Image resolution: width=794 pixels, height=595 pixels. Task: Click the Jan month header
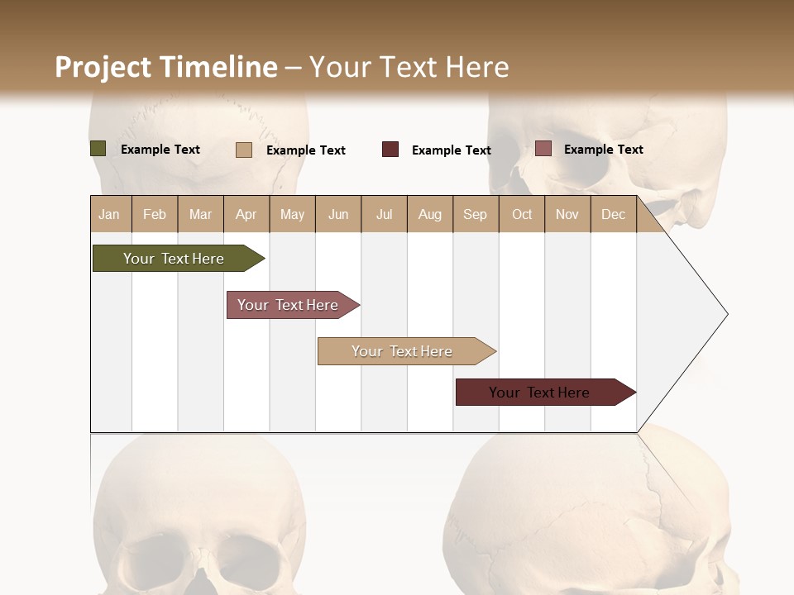(109, 214)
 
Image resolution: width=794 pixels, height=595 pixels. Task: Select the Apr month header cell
(246, 214)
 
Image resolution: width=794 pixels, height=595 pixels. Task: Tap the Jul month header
(384, 214)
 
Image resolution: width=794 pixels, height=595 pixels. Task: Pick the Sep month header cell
(475, 214)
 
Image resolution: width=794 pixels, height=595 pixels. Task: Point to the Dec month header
(613, 214)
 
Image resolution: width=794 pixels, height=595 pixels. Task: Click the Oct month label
(522, 214)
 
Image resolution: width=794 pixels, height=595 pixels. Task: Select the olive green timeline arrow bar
(174, 259)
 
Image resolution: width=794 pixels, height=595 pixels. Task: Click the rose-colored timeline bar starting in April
(288, 305)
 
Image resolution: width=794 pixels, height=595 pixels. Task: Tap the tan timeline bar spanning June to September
(402, 351)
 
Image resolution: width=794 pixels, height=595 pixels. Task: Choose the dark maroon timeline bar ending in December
(539, 393)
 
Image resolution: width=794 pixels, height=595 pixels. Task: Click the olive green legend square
(98, 149)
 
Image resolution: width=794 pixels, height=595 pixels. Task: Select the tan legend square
(243, 150)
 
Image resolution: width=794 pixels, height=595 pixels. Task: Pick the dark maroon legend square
(390, 150)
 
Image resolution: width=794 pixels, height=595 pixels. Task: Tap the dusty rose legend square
(543, 149)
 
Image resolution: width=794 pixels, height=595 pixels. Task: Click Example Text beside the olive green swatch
(160, 150)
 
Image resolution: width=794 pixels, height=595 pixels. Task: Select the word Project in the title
(103, 67)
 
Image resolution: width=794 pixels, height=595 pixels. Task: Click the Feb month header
(155, 214)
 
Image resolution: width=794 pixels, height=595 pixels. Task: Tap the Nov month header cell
(567, 214)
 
